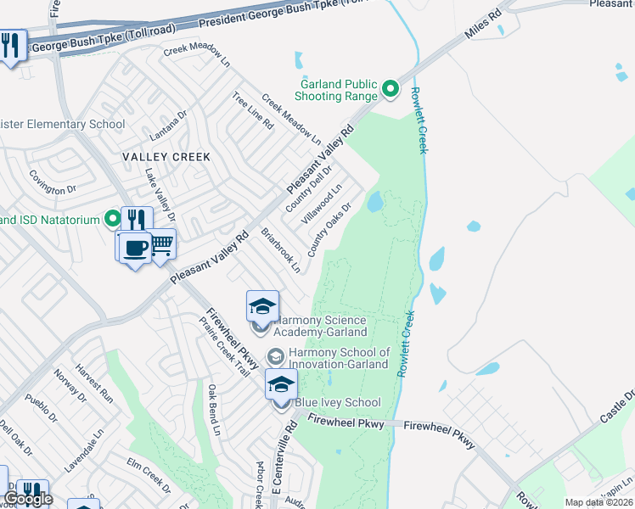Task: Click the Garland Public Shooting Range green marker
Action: click(391, 88)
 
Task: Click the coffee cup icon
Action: click(136, 248)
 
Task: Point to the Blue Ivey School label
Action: click(337, 402)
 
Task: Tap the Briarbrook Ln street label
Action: click(280, 249)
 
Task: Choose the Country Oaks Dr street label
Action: click(329, 231)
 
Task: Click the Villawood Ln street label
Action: click(326, 204)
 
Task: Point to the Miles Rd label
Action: click(485, 25)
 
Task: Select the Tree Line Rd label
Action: click(253, 111)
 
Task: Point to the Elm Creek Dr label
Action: click(149, 475)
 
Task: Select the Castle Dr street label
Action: click(618, 407)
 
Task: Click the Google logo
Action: click(29, 498)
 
